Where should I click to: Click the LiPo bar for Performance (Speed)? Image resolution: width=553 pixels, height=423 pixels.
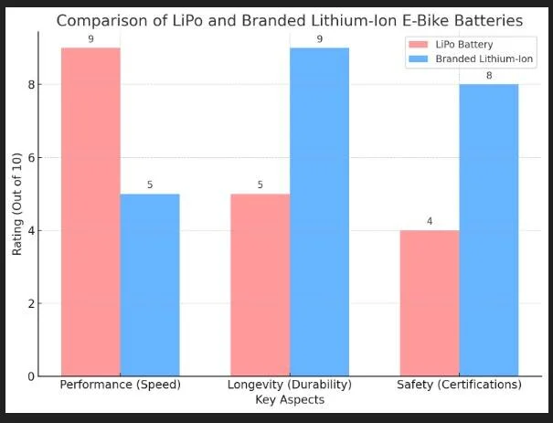[x=90, y=211]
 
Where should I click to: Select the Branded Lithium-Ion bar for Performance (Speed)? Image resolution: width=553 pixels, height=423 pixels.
[x=150, y=284]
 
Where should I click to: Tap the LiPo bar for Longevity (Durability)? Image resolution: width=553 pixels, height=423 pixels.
[x=260, y=284]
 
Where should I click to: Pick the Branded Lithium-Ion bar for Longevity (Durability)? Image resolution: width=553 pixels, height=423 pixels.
[x=320, y=211]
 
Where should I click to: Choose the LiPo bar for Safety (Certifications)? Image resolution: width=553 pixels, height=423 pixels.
[x=430, y=302]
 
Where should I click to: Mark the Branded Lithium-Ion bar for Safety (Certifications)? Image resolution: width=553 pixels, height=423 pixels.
[x=489, y=229]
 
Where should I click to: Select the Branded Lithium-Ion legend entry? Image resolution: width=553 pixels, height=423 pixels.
[x=471, y=58]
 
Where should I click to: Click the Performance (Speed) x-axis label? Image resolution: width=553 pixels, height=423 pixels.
[x=120, y=385]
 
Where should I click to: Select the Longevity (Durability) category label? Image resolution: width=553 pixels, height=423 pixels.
[x=289, y=385]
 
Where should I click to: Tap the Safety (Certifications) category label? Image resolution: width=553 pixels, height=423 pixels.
[x=459, y=385]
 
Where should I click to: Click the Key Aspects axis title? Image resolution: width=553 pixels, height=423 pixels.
[x=289, y=400]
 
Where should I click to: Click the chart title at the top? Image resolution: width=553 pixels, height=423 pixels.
[x=289, y=20]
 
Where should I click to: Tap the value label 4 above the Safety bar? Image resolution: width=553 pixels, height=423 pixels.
[x=430, y=221]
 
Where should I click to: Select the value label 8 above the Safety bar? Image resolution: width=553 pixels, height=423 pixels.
[x=489, y=75]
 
